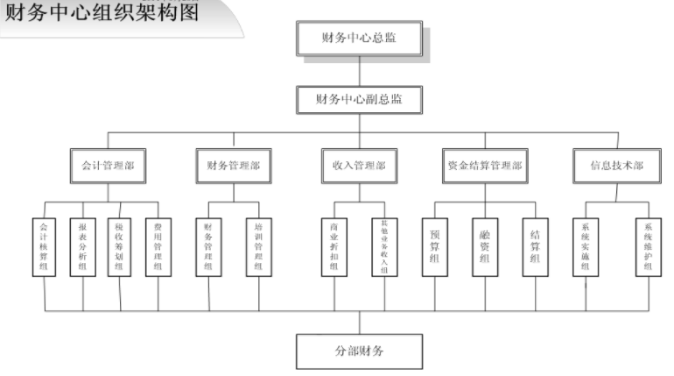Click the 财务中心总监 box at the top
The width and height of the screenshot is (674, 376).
click(360, 37)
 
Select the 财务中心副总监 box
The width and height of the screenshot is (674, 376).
click(360, 98)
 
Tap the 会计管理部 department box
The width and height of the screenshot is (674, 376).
click(108, 165)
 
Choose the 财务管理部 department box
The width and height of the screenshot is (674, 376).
click(233, 165)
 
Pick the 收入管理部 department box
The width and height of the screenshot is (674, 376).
click(359, 165)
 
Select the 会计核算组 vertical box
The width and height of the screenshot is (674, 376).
click(45, 247)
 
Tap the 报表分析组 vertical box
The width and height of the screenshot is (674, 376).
click(82, 247)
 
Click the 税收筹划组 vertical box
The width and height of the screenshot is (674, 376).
click(120, 247)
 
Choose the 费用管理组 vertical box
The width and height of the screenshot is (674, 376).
click(158, 247)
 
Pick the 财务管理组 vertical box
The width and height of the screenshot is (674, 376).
click(208, 247)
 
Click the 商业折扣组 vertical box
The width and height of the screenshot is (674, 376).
click(333, 247)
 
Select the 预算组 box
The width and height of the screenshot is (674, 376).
click(435, 247)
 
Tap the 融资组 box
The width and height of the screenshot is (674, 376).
click(485, 247)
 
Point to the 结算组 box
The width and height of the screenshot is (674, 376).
click(535, 247)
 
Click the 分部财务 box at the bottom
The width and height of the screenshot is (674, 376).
click(360, 351)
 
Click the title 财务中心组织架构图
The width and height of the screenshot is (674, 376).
click(102, 12)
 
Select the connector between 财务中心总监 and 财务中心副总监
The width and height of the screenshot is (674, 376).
click(360, 70)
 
